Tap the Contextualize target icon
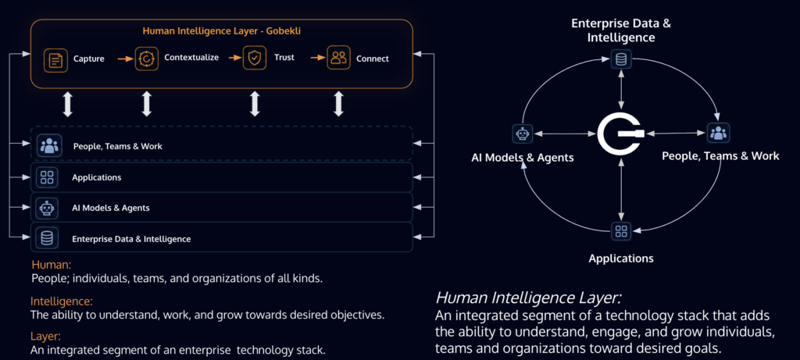click(146, 59)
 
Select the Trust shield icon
click(254, 58)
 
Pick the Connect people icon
click(338, 58)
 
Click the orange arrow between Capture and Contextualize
click(126, 59)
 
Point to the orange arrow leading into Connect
click(318, 58)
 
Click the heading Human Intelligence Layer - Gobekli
click(221, 31)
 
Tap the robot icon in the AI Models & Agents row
click(48, 208)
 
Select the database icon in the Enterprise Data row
click(48, 238)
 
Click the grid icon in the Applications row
click(48, 177)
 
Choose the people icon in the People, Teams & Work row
click(49, 145)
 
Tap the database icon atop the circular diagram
click(621, 59)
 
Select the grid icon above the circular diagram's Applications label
click(621, 231)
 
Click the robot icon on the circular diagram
click(523, 134)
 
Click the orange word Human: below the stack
click(51, 266)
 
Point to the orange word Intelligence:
click(61, 301)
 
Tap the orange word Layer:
click(46, 337)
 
